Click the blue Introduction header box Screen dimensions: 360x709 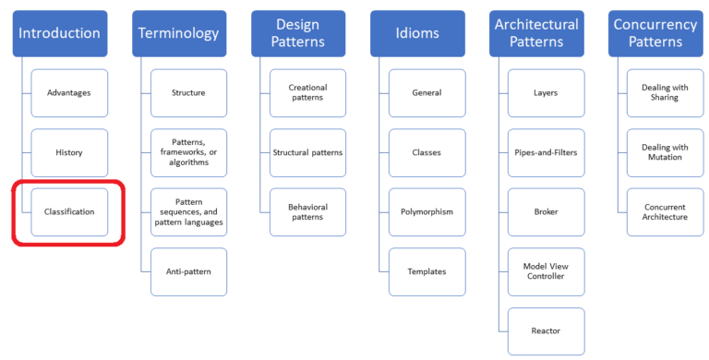point(59,33)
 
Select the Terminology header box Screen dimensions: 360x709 point(178,33)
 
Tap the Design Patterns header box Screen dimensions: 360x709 point(297,33)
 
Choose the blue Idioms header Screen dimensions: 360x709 point(416,33)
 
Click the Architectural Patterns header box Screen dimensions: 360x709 point(535,33)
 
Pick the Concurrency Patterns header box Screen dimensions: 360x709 point(655,33)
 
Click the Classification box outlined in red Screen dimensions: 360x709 point(69,212)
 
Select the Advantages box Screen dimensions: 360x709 point(69,93)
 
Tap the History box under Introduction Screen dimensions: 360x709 point(69,152)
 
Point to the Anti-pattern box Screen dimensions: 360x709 point(188,271)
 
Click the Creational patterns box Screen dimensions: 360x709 point(307,93)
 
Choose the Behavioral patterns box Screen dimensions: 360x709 point(307,212)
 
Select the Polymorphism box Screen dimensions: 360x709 point(427,212)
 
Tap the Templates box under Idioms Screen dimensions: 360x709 point(427,271)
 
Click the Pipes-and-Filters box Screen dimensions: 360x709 point(546,152)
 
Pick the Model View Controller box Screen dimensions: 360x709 point(546,271)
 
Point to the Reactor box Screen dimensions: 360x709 point(546,330)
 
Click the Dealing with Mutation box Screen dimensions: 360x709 point(665,152)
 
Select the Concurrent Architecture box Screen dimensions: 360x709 point(665,212)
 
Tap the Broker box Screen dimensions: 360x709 point(546,212)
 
